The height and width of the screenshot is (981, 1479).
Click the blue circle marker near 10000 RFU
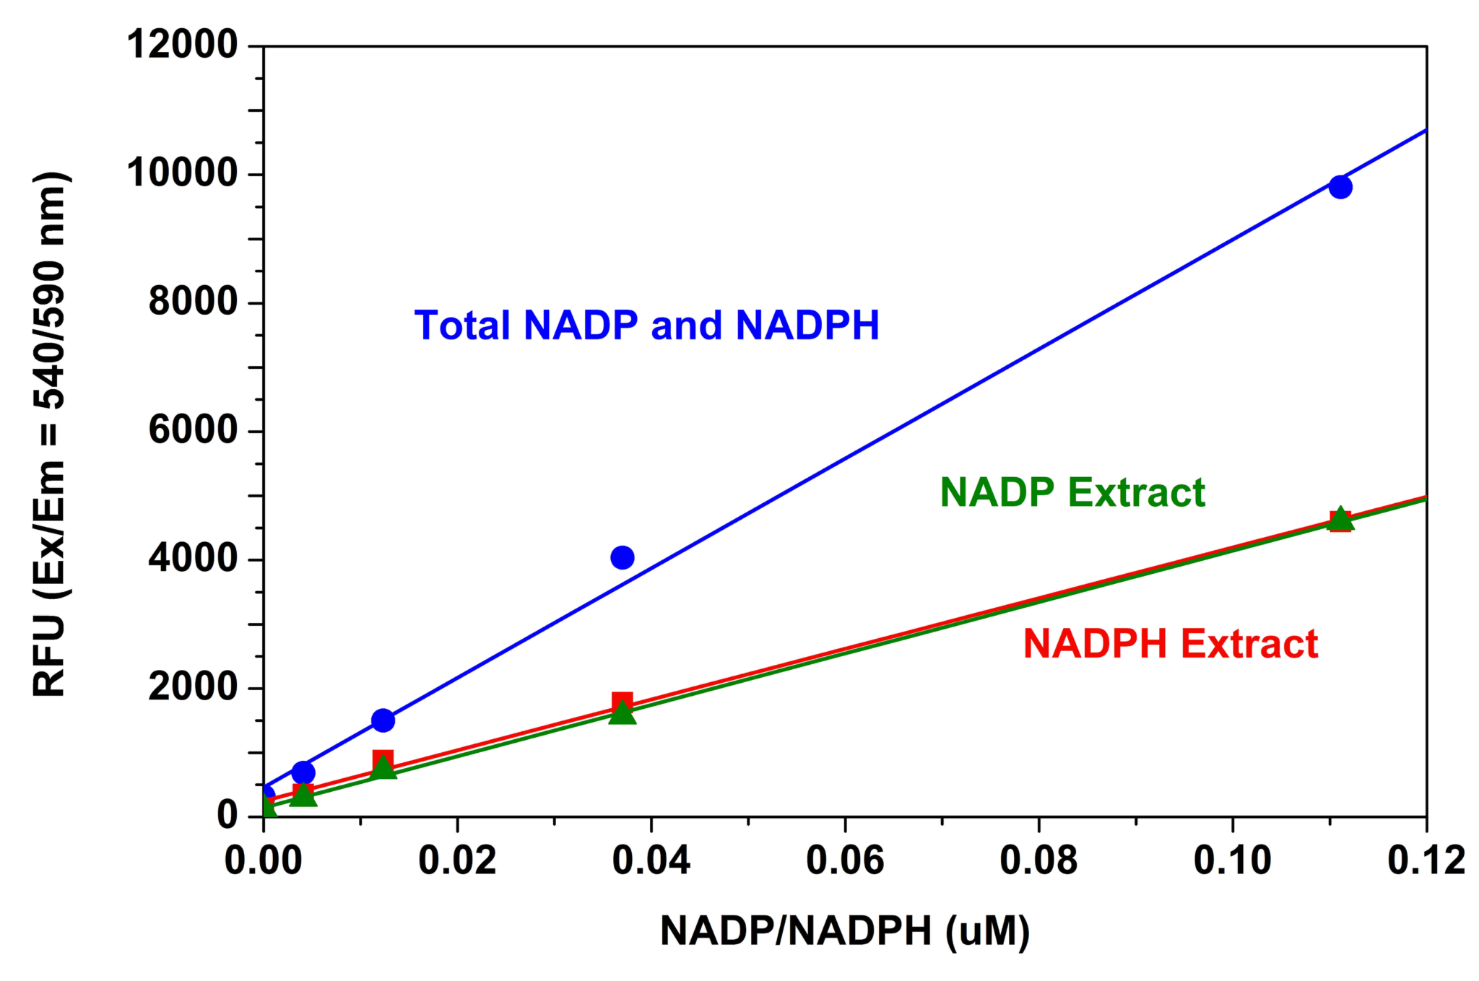coord(1340,187)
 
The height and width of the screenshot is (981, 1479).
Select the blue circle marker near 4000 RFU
coord(622,557)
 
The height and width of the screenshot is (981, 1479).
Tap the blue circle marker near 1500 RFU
coord(383,720)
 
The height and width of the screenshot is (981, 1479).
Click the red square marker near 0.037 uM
coord(622,702)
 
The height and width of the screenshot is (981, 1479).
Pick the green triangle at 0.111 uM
coord(1340,518)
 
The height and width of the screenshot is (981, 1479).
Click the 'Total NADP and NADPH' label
coord(646,326)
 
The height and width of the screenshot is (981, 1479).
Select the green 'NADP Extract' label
coord(1072,493)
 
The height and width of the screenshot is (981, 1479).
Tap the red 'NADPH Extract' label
coord(1171,644)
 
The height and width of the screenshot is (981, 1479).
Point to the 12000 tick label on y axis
coord(182,45)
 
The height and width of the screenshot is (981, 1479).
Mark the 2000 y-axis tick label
coord(193,687)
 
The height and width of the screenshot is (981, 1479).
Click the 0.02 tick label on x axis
coord(457,860)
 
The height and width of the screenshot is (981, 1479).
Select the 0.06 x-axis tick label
coord(845,860)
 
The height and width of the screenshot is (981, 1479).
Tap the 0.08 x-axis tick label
coord(1038,860)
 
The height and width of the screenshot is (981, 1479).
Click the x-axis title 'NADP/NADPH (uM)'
coord(845,931)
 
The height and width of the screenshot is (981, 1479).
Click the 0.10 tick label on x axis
coord(1232,860)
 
